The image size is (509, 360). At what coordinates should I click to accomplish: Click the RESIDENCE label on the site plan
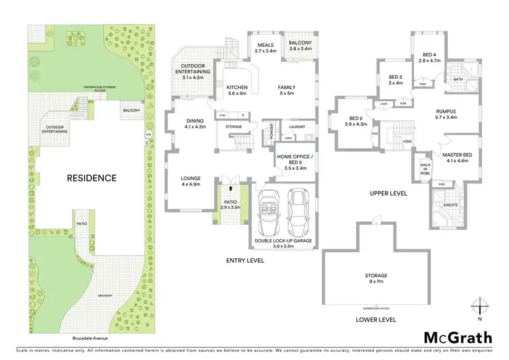(91, 179)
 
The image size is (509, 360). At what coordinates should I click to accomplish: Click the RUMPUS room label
(446, 115)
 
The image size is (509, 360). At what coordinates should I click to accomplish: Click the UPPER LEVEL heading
(388, 194)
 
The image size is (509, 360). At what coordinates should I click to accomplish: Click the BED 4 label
(429, 57)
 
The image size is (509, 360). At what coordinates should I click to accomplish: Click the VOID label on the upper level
(407, 141)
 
